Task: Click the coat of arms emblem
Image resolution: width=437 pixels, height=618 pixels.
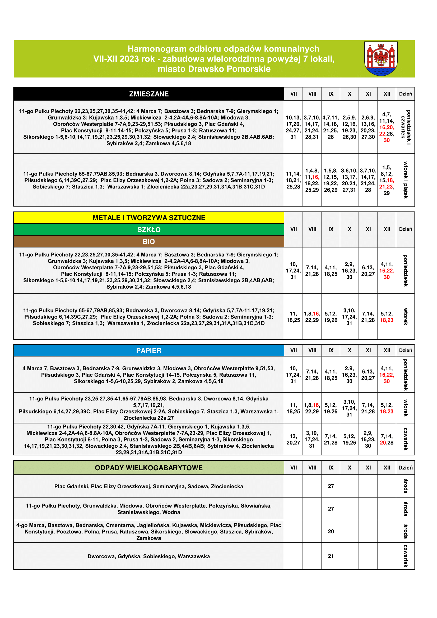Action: point(381,58)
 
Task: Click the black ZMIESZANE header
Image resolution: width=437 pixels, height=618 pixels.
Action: point(148,94)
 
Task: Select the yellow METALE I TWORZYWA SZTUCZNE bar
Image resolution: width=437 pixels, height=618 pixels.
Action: point(148,218)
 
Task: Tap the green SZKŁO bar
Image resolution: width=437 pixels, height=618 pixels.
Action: point(148,230)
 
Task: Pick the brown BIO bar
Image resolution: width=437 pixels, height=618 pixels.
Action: point(148,241)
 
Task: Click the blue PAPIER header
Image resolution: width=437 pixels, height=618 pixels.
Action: point(148,350)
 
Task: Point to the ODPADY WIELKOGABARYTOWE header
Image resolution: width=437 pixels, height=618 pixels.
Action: point(148,468)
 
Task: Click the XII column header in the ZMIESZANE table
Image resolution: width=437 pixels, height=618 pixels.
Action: point(387,94)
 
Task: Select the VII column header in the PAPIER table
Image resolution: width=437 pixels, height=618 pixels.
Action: point(293,350)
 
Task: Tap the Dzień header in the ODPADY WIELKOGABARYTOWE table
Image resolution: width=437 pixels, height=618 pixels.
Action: point(405,468)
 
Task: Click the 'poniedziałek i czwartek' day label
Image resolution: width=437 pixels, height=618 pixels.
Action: point(405,127)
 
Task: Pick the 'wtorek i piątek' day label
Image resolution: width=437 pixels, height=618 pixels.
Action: point(405,180)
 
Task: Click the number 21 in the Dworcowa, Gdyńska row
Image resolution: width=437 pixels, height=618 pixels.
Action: point(331,556)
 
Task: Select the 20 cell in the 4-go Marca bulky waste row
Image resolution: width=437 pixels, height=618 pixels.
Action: point(331,531)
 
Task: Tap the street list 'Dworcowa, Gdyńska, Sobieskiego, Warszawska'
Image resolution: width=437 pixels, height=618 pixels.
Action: point(148,556)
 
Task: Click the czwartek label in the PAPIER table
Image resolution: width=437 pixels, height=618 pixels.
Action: point(405,439)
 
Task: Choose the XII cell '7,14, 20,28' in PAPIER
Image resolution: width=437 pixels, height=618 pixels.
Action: point(387,440)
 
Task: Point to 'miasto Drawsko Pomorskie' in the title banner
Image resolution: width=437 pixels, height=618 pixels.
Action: point(214,69)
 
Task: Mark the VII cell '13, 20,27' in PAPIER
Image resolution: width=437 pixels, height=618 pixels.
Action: point(293,440)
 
